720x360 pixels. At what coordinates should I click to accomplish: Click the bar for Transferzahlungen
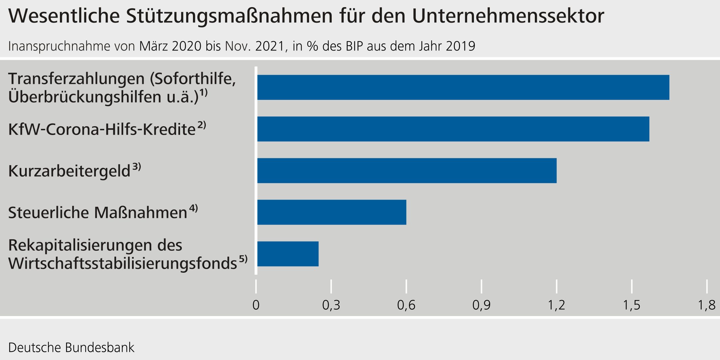[x=463, y=87]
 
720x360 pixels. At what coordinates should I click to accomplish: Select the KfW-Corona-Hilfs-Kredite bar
[x=453, y=129]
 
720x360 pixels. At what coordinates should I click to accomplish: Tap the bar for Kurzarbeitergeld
[x=407, y=171]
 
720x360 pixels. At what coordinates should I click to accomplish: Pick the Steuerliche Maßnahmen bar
[x=332, y=212]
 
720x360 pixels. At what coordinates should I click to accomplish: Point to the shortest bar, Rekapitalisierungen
[x=288, y=254]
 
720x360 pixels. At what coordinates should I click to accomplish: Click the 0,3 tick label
[x=331, y=305]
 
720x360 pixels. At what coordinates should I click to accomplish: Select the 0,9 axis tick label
[x=481, y=305]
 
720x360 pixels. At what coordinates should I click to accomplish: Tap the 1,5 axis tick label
[x=632, y=305]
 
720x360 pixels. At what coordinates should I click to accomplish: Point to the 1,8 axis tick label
[x=706, y=305]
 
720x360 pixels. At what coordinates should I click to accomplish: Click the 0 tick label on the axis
[x=256, y=305]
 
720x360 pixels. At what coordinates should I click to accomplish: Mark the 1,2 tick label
[x=557, y=305]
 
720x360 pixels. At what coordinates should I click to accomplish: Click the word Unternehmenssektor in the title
[x=508, y=16]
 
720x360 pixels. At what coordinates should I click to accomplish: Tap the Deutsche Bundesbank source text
[x=71, y=347]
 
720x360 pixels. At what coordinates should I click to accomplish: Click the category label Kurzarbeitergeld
[x=69, y=171]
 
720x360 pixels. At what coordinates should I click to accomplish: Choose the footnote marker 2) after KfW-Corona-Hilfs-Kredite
[x=202, y=125]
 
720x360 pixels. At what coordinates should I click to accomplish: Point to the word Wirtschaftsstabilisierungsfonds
[x=123, y=263]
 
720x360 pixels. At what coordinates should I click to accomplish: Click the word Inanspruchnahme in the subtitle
[x=59, y=46]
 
